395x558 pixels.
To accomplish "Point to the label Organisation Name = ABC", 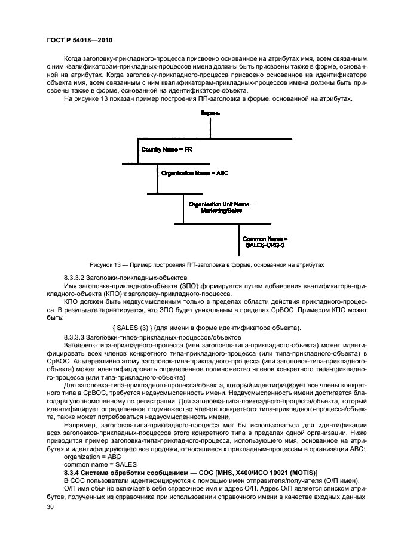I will point(195,172).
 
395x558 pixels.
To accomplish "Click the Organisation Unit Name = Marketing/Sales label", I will point(221,207).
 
